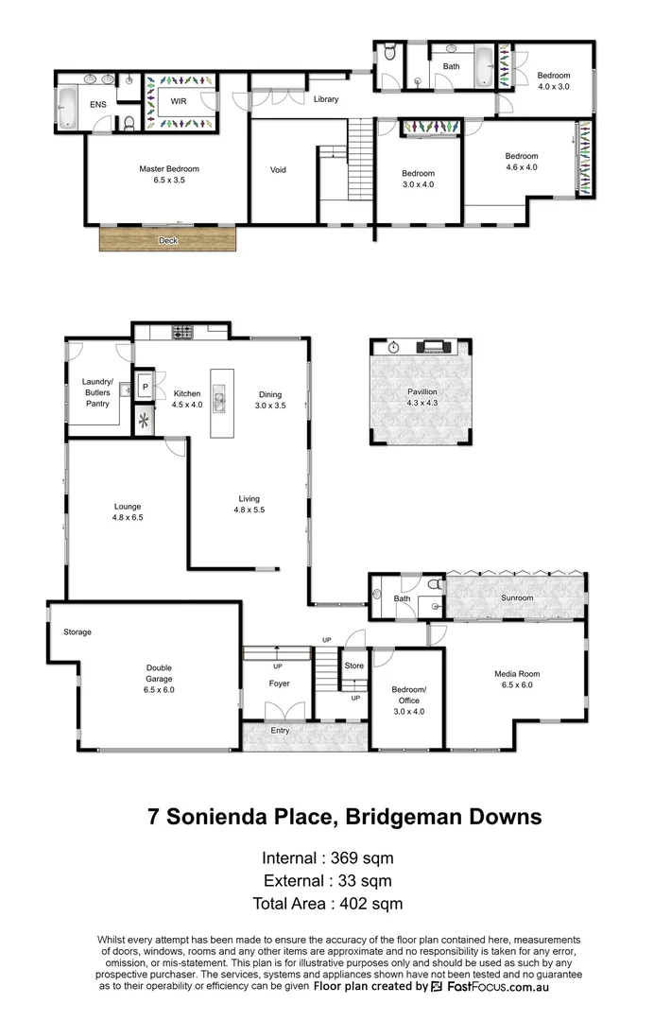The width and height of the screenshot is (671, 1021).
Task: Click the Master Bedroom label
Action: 169,169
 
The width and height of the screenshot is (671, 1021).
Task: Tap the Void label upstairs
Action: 278,170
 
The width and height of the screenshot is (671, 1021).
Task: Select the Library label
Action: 326,100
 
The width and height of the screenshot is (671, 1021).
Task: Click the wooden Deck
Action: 168,240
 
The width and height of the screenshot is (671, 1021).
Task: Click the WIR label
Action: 178,99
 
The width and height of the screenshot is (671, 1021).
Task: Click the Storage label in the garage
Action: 77,632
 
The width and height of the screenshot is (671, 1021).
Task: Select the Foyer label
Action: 279,684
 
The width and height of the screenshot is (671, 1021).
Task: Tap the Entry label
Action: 280,731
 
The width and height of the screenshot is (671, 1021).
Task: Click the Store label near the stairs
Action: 353,666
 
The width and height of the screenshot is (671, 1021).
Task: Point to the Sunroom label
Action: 517,598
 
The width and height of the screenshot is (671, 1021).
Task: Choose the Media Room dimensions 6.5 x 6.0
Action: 517,685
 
